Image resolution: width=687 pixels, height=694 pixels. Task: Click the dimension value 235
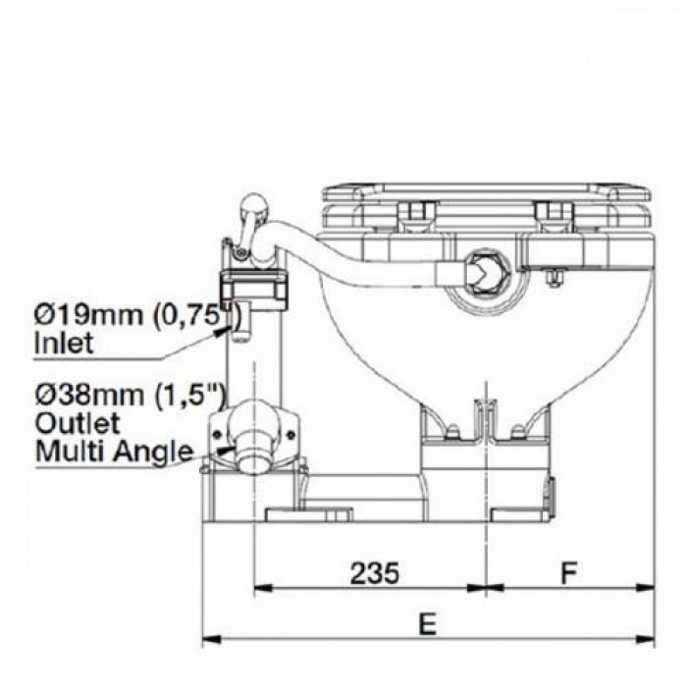coord(375,572)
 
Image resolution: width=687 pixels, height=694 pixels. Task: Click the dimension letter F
coord(569,572)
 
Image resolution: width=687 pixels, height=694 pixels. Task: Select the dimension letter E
coord(428,624)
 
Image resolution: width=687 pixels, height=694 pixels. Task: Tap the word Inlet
coord(64,343)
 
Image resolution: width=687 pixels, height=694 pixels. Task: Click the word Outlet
coord(78,423)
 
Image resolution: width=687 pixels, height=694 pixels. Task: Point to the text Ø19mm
coord(88,315)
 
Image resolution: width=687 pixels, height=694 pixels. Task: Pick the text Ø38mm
coord(89,396)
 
